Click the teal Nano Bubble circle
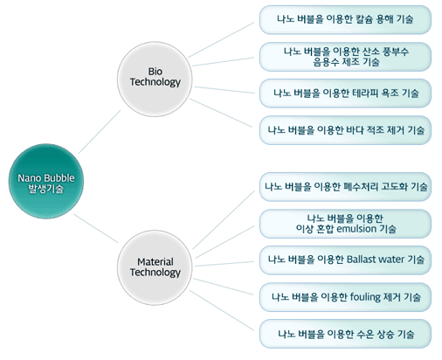[46, 181]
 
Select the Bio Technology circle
[155, 79]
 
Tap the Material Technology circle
[155, 267]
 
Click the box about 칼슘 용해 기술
[345, 20]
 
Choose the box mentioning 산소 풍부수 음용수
[345, 57]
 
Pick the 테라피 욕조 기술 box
[345, 93]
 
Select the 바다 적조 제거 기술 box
[345, 130]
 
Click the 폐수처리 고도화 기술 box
[345, 187]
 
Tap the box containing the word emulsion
[345, 224]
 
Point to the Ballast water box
[345, 260]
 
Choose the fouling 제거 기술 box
[345, 297]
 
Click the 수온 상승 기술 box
[345, 334]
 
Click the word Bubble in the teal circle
[60, 178]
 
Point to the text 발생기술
[46, 189]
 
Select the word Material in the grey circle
[155, 261]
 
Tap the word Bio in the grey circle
[155, 72]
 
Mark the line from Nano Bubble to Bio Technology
[100, 132]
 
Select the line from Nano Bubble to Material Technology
[96, 228]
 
